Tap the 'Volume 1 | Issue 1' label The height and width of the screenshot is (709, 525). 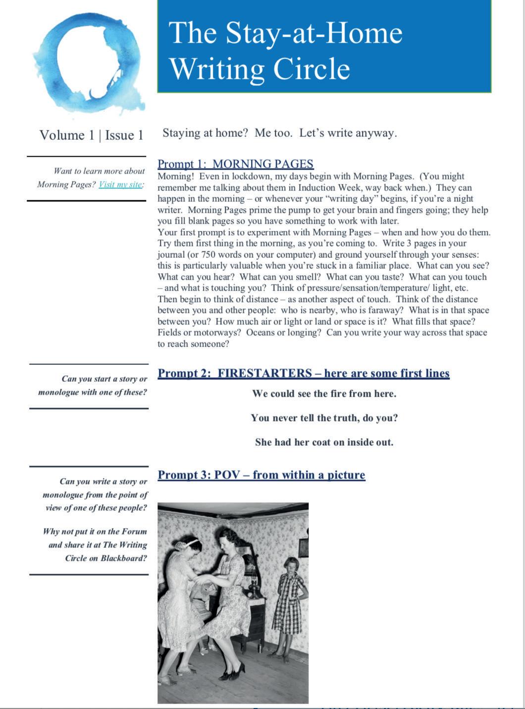(x=91, y=135)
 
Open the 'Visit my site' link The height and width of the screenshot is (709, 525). (x=120, y=184)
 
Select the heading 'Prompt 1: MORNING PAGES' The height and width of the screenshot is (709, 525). (x=235, y=164)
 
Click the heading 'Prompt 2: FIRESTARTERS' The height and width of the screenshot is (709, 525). (x=303, y=373)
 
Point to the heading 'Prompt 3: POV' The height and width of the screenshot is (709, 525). (x=261, y=475)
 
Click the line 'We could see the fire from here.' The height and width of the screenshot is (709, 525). (x=324, y=394)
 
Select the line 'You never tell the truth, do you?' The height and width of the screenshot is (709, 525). (x=324, y=418)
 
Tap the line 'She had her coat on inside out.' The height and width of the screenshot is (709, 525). (x=324, y=442)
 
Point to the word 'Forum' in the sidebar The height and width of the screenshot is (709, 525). (x=134, y=532)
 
